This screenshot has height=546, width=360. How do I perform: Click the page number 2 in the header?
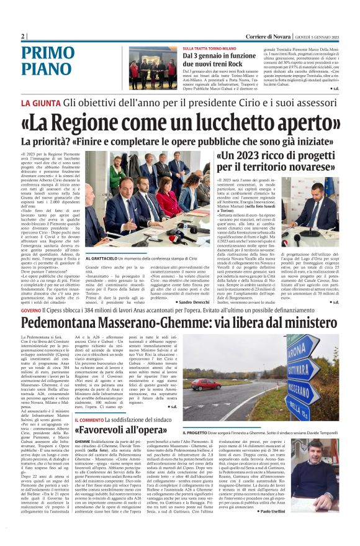click(23, 37)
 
